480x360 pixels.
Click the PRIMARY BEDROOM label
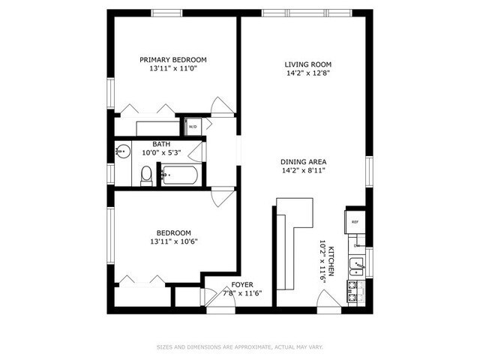(x=173, y=60)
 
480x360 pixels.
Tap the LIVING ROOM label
(x=308, y=64)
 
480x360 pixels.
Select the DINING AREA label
(x=303, y=162)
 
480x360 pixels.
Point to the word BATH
(x=160, y=144)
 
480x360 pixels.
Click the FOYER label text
(x=241, y=284)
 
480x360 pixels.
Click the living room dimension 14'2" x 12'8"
(x=308, y=73)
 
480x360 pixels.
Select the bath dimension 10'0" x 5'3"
(x=160, y=152)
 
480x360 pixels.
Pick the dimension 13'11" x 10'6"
(x=173, y=241)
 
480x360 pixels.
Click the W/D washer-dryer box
(x=193, y=127)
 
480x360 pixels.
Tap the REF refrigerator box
(x=355, y=222)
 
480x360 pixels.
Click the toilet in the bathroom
(x=146, y=175)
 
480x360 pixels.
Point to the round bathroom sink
(x=119, y=152)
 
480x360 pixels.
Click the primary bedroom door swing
(x=221, y=106)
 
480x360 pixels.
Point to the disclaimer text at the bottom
(x=238, y=346)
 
